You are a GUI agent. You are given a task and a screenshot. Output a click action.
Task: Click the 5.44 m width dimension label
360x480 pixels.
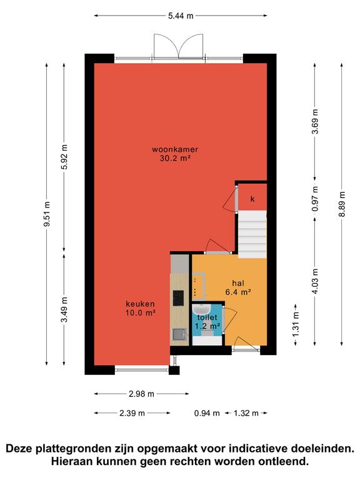point(181,16)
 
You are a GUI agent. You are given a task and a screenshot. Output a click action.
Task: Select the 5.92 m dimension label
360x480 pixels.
point(64,156)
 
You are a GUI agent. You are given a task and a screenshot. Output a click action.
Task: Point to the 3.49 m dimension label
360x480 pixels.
point(64,309)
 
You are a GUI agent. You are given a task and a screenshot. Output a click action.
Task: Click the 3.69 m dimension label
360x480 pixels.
point(315,121)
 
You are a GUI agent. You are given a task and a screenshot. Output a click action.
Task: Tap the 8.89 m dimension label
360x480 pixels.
point(342,204)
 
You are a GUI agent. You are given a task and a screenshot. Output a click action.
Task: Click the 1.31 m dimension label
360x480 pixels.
point(296,324)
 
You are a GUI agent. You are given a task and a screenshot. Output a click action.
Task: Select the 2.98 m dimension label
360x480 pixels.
point(141,394)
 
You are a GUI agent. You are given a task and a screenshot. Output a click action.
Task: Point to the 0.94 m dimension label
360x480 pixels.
point(207,413)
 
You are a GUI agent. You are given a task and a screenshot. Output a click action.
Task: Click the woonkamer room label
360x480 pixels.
point(175,150)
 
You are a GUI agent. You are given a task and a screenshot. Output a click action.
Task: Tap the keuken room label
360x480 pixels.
point(140,304)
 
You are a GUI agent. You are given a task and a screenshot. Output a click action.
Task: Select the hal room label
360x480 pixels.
point(239,283)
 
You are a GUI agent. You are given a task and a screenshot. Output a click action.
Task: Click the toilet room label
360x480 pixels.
point(207,317)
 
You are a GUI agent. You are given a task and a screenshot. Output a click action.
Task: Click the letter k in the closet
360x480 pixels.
point(252,199)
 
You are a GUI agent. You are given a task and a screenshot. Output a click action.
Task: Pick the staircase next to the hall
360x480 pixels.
point(252,234)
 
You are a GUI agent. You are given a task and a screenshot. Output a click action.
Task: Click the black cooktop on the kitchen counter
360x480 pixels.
point(179,298)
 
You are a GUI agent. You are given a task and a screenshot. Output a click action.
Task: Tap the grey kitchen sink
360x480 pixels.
point(180,334)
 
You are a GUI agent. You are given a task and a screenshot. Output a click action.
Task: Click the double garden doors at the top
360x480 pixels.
point(179,46)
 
